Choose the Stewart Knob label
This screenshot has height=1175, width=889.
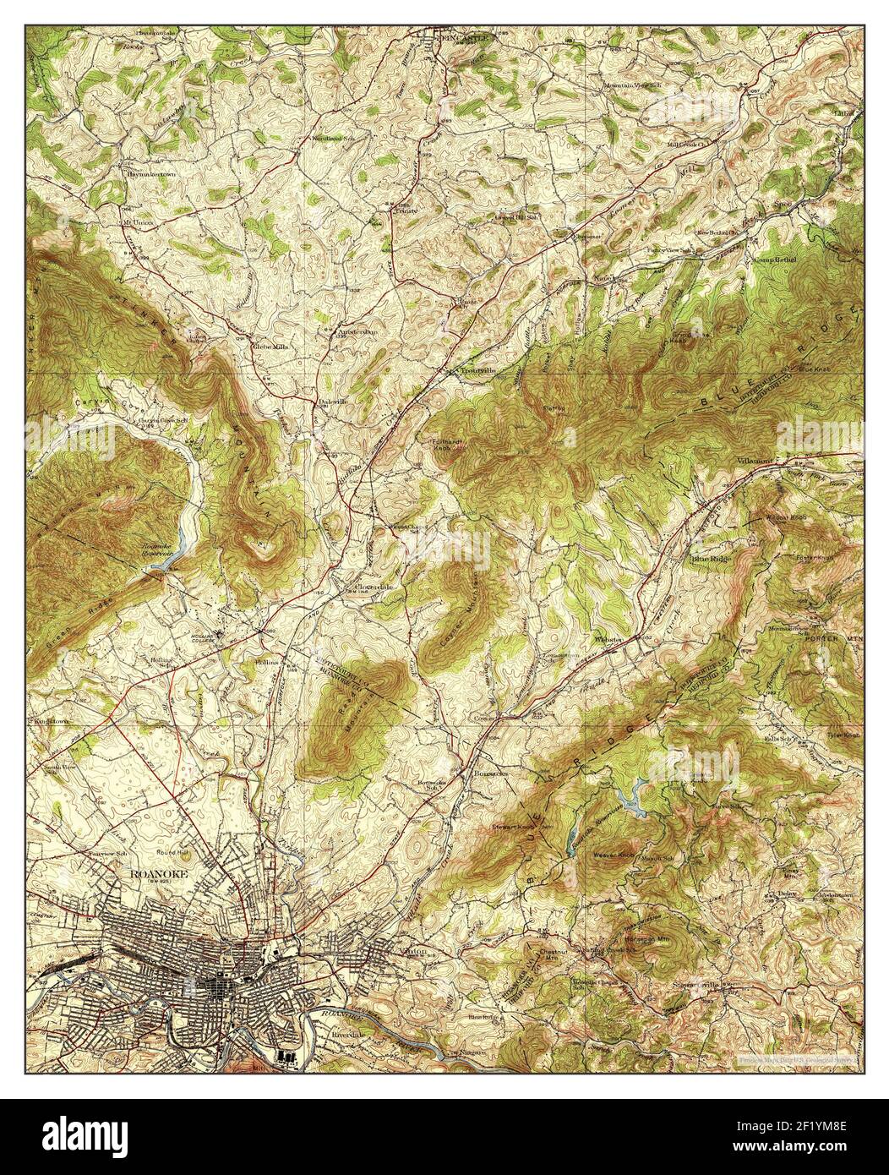click(515, 816)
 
